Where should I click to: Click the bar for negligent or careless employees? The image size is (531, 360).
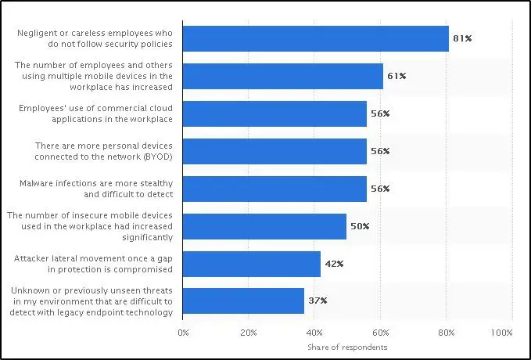point(315,38)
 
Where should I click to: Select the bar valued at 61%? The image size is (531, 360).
point(282,76)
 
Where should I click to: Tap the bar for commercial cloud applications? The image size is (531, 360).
point(274,113)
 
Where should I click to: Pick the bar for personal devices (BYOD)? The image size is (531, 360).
point(274,151)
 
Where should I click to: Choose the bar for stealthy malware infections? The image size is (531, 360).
point(274,189)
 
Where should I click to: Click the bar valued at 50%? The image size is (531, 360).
point(264,226)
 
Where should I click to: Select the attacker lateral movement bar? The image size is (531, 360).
point(251,264)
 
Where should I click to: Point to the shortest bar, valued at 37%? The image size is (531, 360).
point(243,301)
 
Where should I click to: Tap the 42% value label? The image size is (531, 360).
point(333,264)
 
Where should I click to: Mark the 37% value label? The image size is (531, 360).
point(317,301)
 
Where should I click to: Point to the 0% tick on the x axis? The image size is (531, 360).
point(183,333)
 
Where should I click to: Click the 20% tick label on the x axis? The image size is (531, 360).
point(248,333)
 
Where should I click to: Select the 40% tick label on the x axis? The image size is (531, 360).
point(314,333)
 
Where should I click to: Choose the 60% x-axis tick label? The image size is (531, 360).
point(380,333)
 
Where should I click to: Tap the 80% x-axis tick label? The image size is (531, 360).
point(446,333)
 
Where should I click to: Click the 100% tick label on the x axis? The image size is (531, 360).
point(501,333)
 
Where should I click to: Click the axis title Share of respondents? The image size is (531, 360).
point(347,347)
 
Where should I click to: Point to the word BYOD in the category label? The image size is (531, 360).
point(158,157)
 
